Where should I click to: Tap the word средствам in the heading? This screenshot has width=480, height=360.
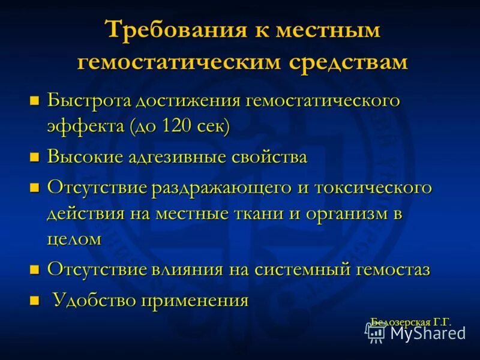coord(349,62)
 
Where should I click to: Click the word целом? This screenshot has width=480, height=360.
coord(74,239)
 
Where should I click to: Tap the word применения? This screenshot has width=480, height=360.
coord(194,299)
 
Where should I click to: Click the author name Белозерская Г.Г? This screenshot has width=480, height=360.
coord(410,322)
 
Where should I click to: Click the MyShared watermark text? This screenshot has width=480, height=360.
coord(428,333)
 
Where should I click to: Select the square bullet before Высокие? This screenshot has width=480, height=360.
coord(34,158)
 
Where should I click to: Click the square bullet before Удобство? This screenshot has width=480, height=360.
coord(34,300)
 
